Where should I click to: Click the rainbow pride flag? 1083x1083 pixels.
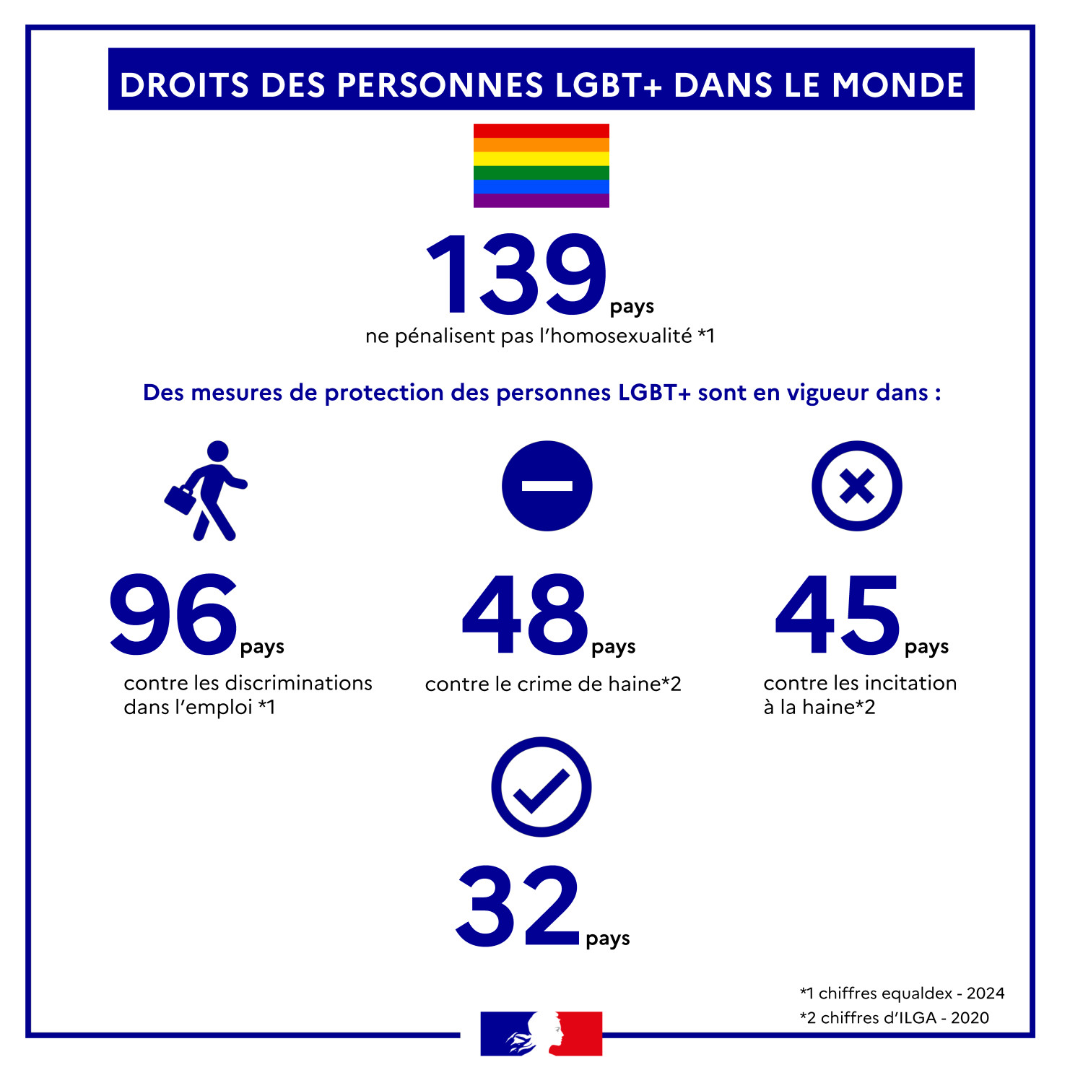541,165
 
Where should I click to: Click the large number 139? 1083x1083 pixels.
517,275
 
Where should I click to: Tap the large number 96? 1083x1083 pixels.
173,614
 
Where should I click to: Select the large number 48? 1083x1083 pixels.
525,614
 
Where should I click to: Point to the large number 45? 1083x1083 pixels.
838,614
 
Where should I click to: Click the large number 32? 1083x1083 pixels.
518,907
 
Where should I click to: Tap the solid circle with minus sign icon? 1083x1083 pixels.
547,486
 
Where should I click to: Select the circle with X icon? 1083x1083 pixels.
856,486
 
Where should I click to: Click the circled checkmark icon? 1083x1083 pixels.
541,787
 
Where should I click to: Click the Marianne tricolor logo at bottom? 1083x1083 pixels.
541,1033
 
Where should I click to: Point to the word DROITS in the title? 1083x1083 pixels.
184,84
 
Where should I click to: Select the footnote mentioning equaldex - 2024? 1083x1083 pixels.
902,993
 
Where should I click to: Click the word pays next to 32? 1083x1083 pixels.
608,939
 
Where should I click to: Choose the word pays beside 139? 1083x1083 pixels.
632,307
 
